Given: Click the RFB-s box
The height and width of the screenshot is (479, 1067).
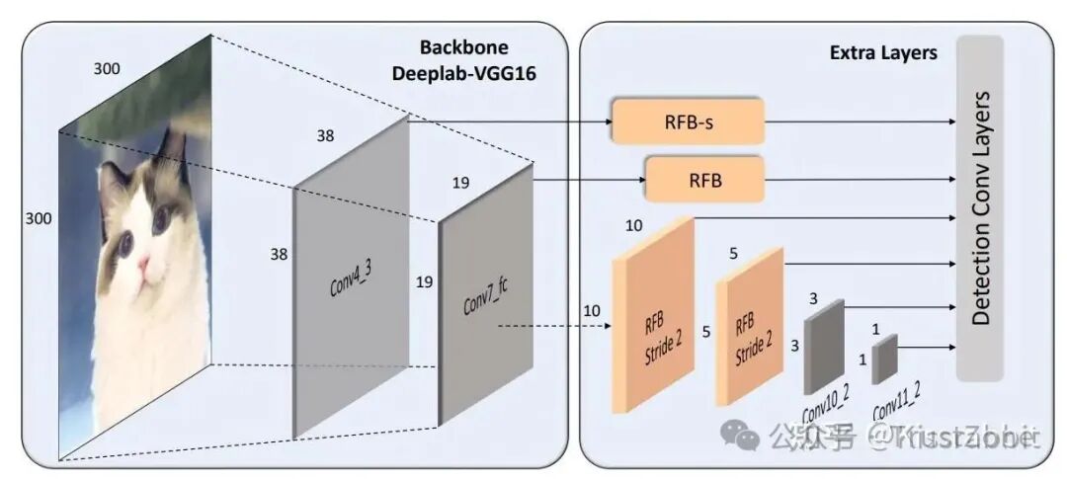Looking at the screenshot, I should coord(689,121).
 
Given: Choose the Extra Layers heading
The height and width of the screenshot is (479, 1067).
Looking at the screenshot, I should coord(882,53).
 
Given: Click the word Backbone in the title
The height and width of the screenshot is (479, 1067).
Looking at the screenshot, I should coord(463,47).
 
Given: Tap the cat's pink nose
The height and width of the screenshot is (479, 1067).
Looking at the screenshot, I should coord(144,264).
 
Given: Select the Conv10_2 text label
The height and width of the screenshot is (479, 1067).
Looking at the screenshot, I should coord(826,408).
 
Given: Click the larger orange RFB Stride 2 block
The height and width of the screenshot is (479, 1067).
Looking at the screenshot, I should coord(653,314).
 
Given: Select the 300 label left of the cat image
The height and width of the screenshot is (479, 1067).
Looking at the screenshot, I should coord(39,217).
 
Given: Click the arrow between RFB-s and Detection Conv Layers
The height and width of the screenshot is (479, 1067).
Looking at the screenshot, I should coord(860,121).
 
